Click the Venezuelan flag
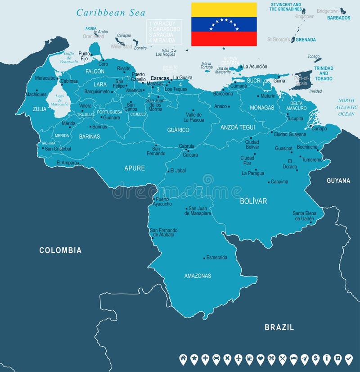[x=224, y=24]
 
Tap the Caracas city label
[x=160, y=78]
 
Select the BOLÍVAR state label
[x=253, y=201]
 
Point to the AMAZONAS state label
[x=198, y=276]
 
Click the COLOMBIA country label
[x=60, y=250]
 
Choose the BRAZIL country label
[x=279, y=327]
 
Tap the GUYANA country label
[x=338, y=181]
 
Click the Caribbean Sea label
[x=108, y=12]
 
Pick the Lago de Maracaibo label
[x=59, y=100]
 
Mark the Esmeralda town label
[x=216, y=258]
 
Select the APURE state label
[x=135, y=168]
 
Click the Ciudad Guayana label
[x=290, y=134]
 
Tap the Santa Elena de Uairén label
[x=305, y=216]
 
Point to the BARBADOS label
[x=338, y=18]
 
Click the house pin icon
[x=183, y=359]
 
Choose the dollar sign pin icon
[x=315, y=359]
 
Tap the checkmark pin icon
[x=349, y=359]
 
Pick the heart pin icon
[x=260, y=359]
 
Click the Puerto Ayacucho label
[x=162, y=201]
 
